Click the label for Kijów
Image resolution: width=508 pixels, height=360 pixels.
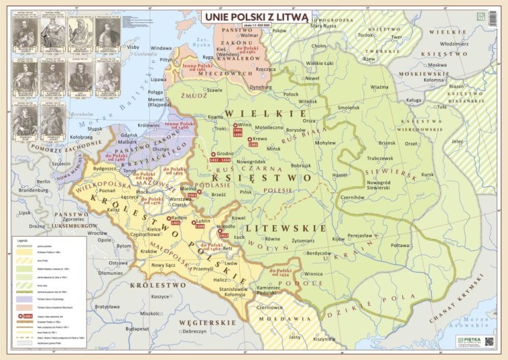(x=338, y=239)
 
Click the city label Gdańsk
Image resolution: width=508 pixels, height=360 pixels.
(x=129, y=134)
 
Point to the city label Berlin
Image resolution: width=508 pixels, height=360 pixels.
(x=44, y=181)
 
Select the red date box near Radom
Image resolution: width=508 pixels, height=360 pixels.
(x=176, y=222)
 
